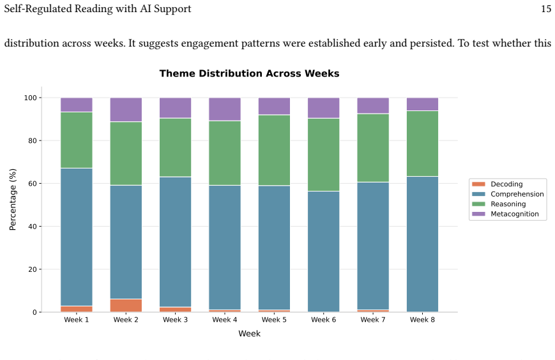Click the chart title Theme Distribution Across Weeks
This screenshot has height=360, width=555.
point(249,73)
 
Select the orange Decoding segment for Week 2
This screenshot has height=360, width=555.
point(126,306)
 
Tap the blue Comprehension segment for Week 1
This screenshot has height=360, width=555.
point(77,237)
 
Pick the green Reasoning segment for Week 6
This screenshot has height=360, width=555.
point(324,155)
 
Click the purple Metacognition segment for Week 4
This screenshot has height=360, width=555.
point(225,109)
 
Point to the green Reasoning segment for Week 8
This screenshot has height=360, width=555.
point(422,144)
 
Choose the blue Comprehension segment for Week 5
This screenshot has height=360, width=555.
point(275,248)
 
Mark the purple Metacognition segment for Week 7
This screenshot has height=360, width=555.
point(373,106)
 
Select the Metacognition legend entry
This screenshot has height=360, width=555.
point(505,214)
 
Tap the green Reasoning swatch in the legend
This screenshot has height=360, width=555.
point(478,204)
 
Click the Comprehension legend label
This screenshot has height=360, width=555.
point(517,194)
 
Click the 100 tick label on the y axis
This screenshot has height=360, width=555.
point(31,98)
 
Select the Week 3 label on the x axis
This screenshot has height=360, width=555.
point(175,320)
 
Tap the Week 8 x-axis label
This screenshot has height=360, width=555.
point(422,320)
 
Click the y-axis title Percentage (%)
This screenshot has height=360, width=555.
point(13,199)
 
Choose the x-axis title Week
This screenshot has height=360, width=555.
point(249,333)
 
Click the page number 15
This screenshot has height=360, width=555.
point(546,9)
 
